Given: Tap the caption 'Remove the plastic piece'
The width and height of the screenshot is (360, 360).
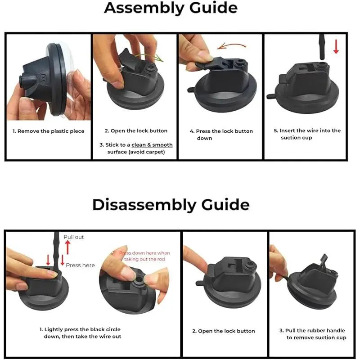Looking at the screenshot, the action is click(x=49, y=131).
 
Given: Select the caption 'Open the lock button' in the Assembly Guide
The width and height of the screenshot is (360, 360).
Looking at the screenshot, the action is click(x=136, y=130).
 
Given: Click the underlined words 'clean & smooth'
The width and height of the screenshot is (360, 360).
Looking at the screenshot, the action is click(x=152, y=145).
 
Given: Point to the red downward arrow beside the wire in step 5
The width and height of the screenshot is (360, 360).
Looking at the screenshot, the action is click(x=336, y=47).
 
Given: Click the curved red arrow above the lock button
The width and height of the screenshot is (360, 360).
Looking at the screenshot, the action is click(x=231, y=46).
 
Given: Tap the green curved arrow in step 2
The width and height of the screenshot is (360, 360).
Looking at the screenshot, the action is click(x=149, y=57).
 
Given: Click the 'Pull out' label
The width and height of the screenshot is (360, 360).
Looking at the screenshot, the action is click(x=74, y=237).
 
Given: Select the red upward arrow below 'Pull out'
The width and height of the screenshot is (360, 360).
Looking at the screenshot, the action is click(x=67, y=247).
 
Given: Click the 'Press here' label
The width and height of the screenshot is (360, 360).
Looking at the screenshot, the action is click(x=81, y=265).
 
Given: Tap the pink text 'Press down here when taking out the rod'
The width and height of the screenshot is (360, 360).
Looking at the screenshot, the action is click(x=144, y=256).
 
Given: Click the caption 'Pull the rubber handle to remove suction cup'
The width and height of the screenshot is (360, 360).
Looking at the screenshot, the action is click(x=313, y=334).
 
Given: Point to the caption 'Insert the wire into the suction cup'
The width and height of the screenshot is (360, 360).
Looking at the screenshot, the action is click(x=307, y=134).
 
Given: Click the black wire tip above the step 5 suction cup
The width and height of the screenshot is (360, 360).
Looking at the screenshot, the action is click(x=322, y=47).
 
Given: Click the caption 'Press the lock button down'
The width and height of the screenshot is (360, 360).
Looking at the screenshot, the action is click(x=221, y=135).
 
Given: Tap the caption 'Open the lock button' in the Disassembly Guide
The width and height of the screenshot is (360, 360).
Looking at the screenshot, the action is click(x=224, y=331).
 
